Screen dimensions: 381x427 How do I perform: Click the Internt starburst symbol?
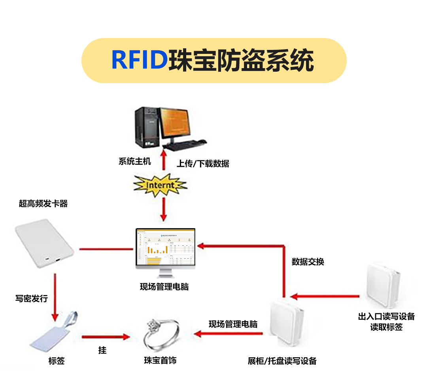click(x=160, y=185)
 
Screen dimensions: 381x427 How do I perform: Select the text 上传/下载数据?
click(x=203, y=164)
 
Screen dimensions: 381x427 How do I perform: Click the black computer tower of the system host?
click(x=147, y=126)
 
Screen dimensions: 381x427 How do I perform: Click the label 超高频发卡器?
click(x=43, y=204)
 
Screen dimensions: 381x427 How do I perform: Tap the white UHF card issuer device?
click(x=44, y=244)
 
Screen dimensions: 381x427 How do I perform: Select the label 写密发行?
click(x=32, y=298)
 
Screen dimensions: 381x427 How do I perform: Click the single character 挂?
click(x=102, y=350)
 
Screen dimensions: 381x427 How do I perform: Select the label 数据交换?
click(x=308, y=261)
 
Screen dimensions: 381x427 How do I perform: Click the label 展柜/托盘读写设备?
click(x=282, y=361)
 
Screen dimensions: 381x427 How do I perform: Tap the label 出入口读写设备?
click(x=386, y=316)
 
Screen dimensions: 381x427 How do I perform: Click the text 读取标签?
click(x=386, y=327)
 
